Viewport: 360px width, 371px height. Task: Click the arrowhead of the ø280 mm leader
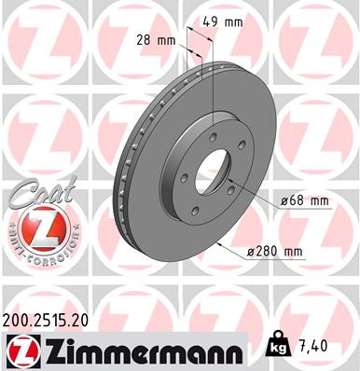tap(217, 244)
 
